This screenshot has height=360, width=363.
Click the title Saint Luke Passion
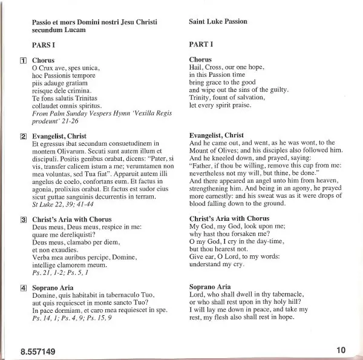click(x=218, y=21)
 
